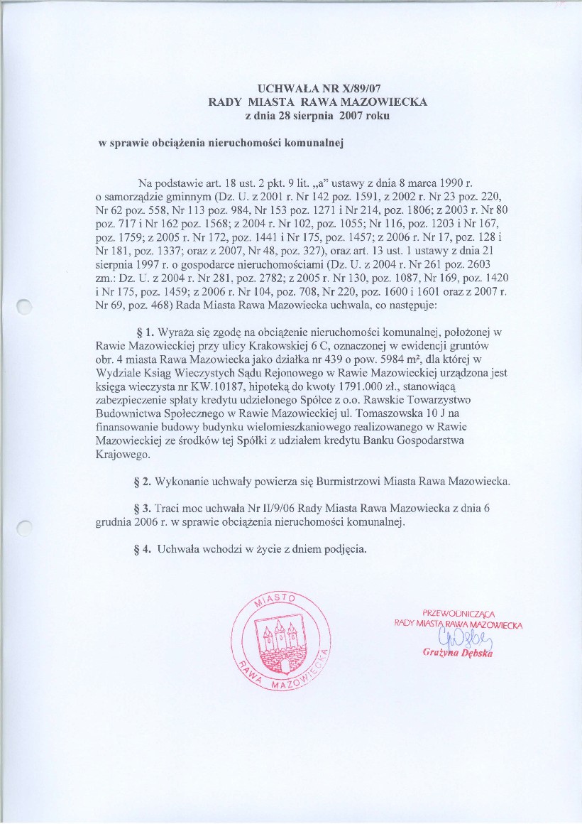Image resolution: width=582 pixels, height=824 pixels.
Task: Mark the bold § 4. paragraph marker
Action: [144, 548]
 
